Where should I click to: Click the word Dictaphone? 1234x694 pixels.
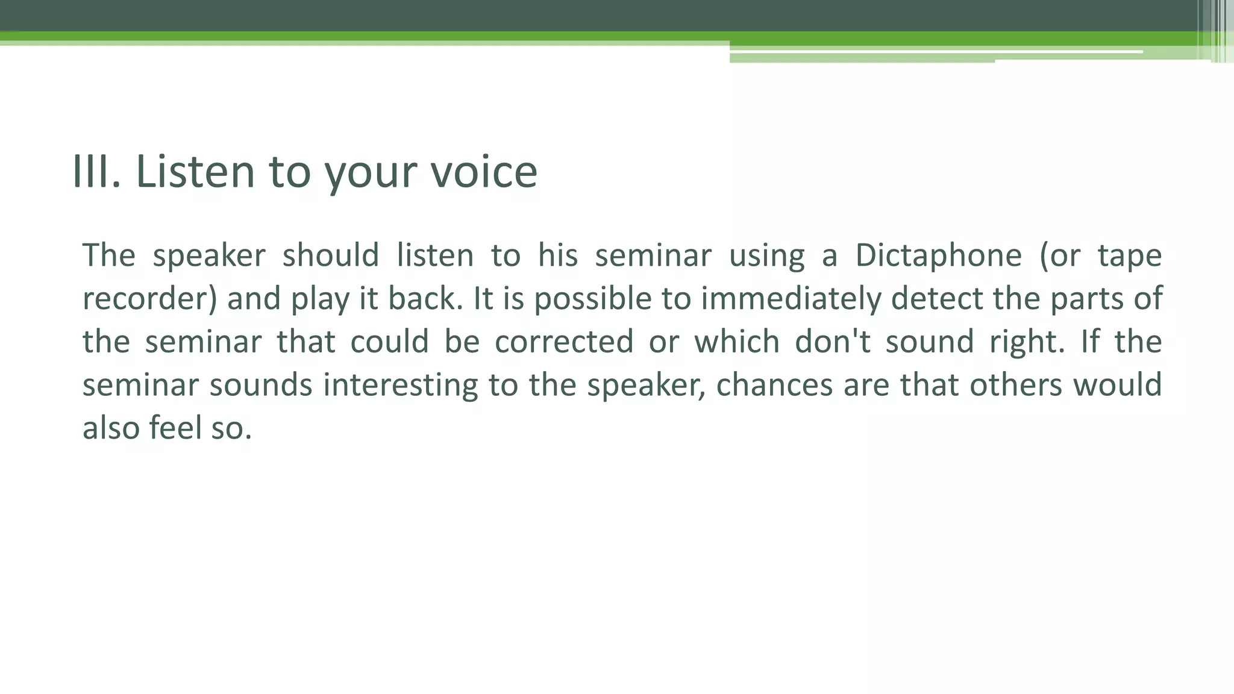click(938, 255)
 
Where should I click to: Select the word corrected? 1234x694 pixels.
click(564, 342)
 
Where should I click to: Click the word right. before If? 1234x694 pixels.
click(1027, 342)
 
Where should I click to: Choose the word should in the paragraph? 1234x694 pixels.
click(331, 255)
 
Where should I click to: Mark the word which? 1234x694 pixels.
click(737, 342)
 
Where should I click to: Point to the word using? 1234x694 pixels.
click(766, 255)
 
